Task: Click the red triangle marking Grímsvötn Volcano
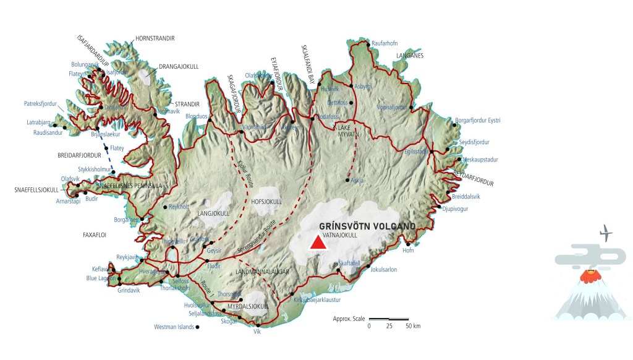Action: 318,242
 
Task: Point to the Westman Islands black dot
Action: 197,327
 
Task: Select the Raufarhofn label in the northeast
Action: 384,43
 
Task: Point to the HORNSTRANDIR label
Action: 155,38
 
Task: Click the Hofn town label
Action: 408,251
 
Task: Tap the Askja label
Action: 357,181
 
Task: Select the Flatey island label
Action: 117,148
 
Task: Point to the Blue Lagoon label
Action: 100,278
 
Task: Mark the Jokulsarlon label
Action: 383,270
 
